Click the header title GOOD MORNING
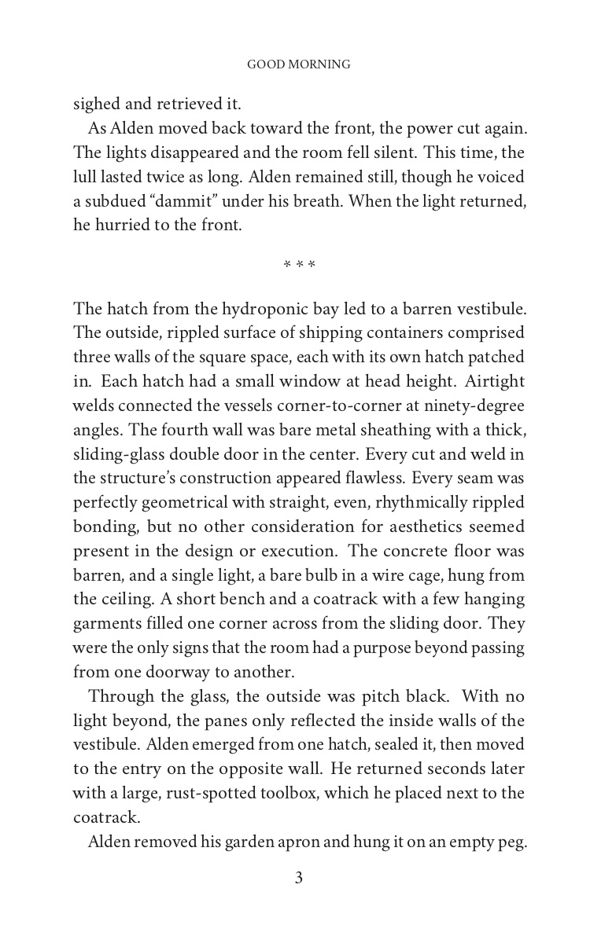point(299,64)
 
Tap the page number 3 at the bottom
point(299,879)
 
